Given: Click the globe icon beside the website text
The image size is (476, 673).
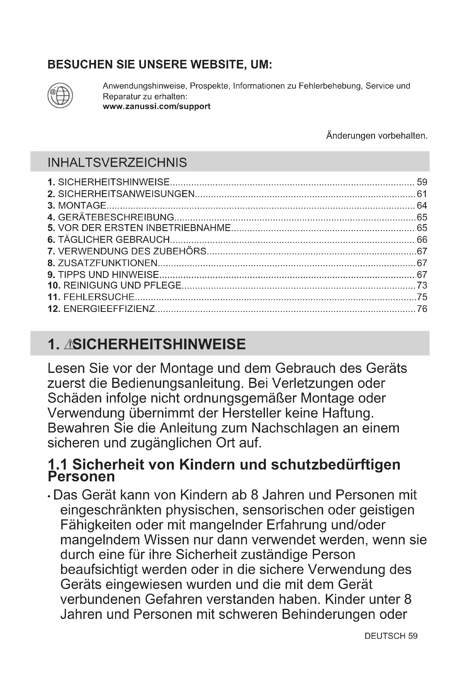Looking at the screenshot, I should point(60,95).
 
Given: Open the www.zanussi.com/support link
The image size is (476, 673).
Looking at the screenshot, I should point(157,106).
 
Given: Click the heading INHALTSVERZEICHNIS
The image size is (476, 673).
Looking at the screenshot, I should point(117,162).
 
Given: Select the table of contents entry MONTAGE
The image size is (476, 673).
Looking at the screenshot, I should point(82,205).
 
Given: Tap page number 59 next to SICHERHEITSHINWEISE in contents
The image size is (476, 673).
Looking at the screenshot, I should point(422,182).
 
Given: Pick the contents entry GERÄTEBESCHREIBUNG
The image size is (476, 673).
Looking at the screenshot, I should point(116,217).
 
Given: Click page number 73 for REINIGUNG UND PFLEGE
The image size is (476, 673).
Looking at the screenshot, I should point(422,285).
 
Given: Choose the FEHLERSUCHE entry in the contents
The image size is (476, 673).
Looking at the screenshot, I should point(99,297).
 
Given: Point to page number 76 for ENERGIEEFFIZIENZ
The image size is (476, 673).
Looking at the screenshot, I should point(422,309).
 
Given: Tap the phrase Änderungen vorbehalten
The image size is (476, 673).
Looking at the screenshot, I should point(377,136).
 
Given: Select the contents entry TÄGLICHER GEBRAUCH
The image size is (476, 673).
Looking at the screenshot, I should point(114,239).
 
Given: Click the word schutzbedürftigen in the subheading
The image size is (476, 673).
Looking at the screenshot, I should point(336,465).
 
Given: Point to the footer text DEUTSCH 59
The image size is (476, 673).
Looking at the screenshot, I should point(391,636).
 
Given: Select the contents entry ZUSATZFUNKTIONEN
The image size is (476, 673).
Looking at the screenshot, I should point(108,263).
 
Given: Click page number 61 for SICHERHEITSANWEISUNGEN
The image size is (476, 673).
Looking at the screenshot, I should point(422,194).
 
